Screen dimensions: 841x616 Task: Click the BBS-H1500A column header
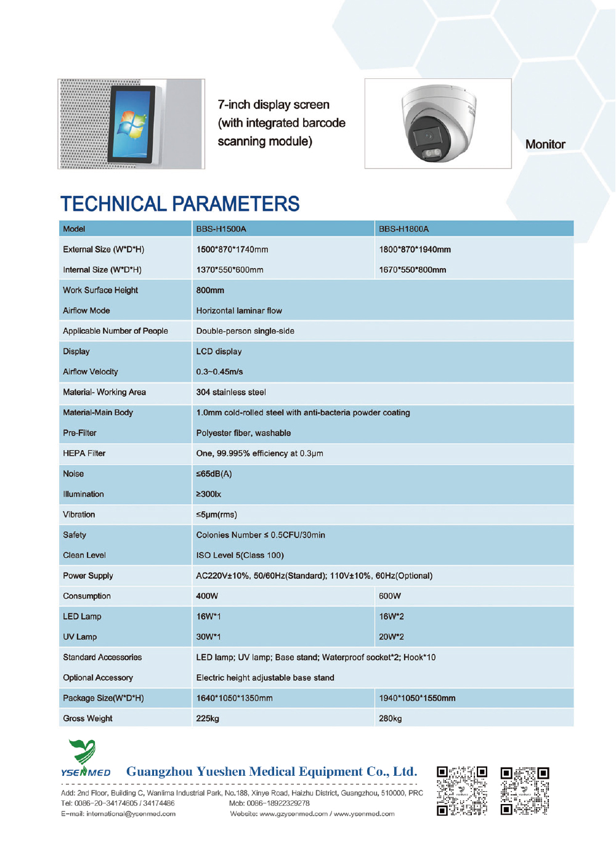point(221,229)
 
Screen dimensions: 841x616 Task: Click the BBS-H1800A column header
point(403,229)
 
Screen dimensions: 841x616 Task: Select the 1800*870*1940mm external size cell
point(415,249)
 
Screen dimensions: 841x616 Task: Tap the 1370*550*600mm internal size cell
point(230,270)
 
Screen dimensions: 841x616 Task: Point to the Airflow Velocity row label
point(90,372)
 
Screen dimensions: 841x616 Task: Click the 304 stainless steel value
point(231,392)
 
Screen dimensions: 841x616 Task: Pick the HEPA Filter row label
point(84,453)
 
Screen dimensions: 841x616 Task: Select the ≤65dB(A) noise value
point(214,474)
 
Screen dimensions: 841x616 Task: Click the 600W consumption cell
point(390,596)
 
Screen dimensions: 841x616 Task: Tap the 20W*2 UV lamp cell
point(391,637)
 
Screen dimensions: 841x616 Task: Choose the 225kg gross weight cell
point(208,718)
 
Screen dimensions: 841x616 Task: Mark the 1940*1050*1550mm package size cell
point(417,698)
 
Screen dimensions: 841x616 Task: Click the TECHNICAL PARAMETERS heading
point(180,204)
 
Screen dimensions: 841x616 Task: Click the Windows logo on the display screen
point(132,124)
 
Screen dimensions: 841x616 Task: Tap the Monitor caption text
point(545,145)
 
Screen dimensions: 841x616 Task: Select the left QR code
point(462,791)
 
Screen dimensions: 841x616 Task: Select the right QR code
point(525,791)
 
